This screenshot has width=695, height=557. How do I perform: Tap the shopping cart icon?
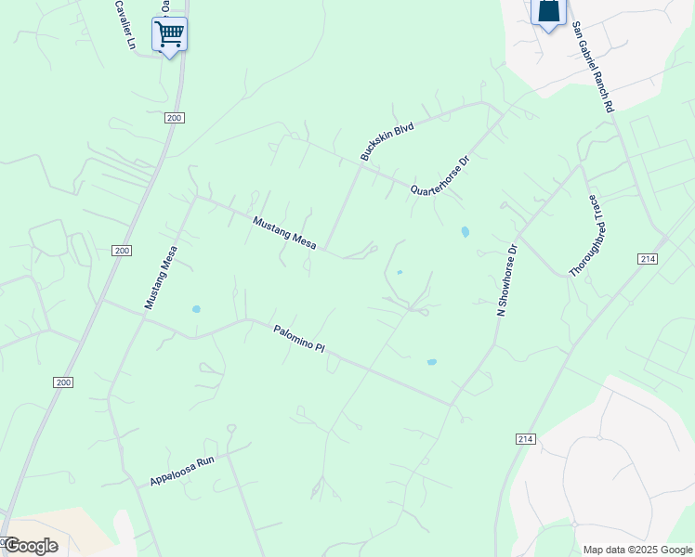coord(169,34)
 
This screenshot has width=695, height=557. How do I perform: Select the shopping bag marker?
coord(548,12)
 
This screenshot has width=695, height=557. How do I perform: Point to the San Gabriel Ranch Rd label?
coord(594,68)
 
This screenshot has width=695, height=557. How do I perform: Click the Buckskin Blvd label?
coord(387,140)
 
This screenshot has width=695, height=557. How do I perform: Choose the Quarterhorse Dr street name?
coord(441,175)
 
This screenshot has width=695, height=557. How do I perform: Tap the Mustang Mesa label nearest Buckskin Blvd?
coord(285,233)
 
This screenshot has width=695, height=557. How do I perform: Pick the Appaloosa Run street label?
coord(182,471)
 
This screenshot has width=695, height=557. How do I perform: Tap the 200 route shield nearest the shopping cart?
coord(175,118)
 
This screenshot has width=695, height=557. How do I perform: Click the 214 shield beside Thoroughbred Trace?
coord(649,259)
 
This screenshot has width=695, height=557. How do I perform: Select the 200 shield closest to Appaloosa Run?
coord(63,382)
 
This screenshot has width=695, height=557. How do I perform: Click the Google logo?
coord(30,545)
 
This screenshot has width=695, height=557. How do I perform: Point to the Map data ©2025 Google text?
coord(637,550)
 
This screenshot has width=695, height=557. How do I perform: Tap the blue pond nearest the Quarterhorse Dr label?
coord(465,231)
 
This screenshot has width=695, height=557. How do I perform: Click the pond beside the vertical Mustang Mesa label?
coord(195,309)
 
